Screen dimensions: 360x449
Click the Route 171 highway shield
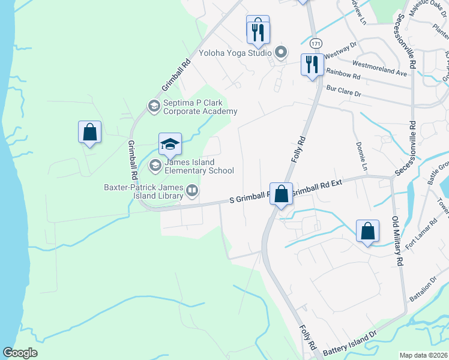(x=316, y=44)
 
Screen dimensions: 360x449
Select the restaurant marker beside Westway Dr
(x=312, y=64)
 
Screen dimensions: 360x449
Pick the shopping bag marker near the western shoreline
(x=89, y=132)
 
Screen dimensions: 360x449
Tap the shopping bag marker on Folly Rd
(x=281, y=194)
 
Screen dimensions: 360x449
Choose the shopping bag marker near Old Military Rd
(x=367, y=232)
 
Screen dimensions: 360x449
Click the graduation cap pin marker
(x=170, y=144)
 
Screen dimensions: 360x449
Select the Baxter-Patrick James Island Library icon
(x=192, y=191)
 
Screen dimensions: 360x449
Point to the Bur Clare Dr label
(x=343, y=91)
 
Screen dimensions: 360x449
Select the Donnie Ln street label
(x=361, y=154)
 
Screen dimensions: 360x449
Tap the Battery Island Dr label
(x=349, y=344)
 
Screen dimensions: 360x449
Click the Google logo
(x=20, y=353)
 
